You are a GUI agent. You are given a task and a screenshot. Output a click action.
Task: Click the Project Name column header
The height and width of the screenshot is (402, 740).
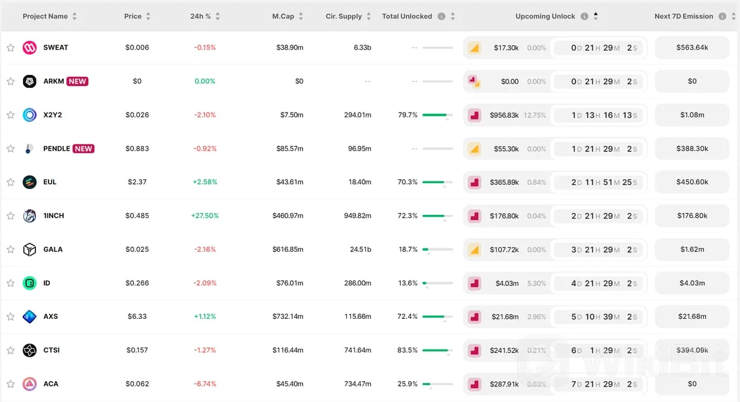[45, 16]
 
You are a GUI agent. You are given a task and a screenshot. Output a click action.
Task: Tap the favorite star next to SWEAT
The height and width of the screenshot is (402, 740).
[10, 47]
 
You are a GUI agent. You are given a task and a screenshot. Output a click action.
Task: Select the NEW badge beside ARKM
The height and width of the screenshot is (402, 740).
[77, 81]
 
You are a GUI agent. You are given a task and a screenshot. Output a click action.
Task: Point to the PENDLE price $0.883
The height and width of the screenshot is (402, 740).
[137, 148]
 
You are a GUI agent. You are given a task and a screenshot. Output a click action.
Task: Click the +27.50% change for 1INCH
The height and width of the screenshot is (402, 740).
[205, 215]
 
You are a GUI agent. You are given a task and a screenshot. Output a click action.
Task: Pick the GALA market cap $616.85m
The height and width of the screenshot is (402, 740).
[288, 249]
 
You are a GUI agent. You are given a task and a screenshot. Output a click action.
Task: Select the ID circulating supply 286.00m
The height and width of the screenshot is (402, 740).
[357, 283]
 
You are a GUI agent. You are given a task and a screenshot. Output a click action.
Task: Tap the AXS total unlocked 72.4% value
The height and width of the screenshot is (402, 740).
[408, 316]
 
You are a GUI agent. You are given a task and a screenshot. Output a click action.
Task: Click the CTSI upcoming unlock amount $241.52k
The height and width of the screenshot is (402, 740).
[504, 350]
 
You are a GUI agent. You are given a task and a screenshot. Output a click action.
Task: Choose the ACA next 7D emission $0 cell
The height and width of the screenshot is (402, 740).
[692, 384]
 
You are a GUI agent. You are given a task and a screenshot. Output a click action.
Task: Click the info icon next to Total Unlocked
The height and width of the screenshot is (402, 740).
[441, 16]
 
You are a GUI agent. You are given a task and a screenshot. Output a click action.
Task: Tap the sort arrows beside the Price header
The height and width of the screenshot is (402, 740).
[148, 16]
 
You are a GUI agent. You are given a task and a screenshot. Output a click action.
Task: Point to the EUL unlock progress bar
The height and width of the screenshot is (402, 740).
[438, 182]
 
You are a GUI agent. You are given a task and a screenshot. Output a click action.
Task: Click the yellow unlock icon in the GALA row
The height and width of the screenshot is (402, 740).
[475, 250]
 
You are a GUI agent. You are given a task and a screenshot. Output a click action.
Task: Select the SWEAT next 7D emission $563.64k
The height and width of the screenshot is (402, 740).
[692, 47]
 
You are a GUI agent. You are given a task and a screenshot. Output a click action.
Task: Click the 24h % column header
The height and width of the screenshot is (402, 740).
[200, 16]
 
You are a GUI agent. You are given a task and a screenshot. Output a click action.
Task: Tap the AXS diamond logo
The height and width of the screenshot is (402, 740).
[29, 317]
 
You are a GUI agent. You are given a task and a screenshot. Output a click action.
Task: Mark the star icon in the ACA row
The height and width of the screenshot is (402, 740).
[10, 384]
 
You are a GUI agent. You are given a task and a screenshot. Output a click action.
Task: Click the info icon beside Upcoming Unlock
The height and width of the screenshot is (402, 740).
[584, 16]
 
